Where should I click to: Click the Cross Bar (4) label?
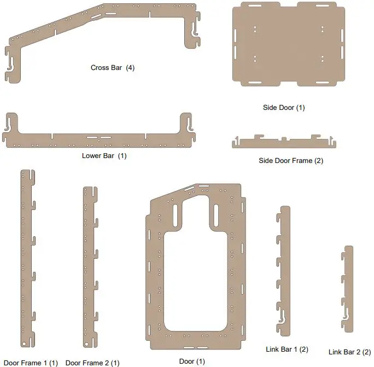pos(112,68)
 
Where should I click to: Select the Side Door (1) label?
pos(284,108)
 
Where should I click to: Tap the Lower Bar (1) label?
pos(103,156)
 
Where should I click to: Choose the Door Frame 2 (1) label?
pos(92,363)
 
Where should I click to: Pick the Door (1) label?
pos(192,362)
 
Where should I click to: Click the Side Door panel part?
pos(289,44)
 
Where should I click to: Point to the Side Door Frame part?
pos(284,144)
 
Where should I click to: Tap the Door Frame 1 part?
pos(26,257)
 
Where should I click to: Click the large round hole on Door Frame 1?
pos(25,343)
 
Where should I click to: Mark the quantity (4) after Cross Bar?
pos(130,68)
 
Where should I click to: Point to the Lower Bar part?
pos(98,140)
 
